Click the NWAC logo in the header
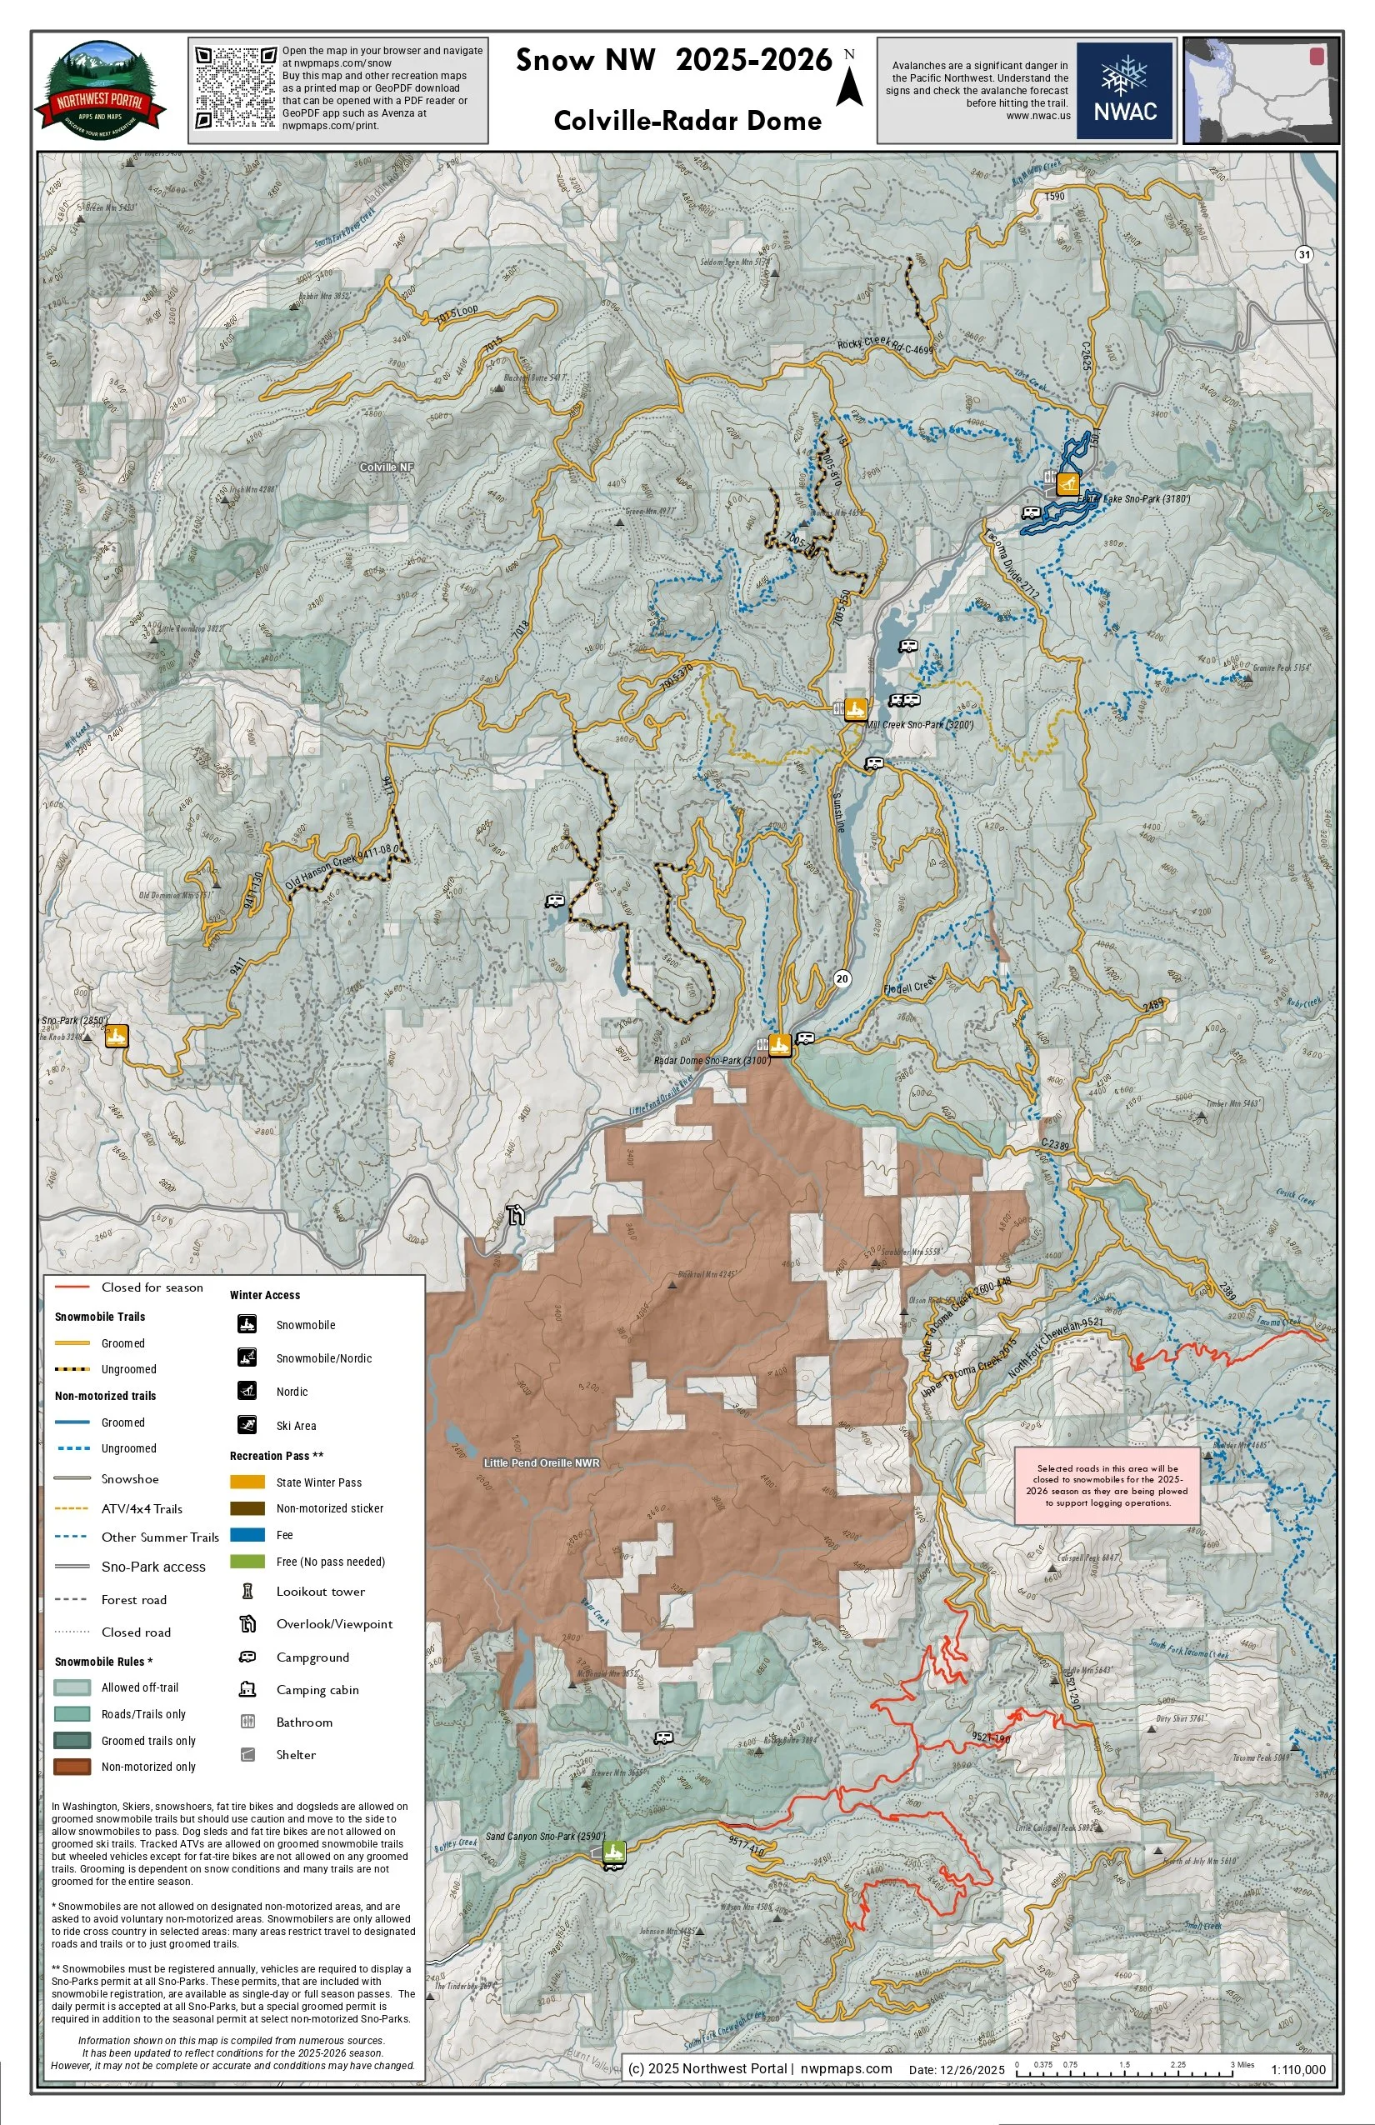1124,90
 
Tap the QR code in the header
236,87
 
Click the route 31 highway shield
1304,254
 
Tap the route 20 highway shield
842,978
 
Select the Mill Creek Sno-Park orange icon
855,709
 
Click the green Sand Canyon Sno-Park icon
613,1852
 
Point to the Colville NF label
387,467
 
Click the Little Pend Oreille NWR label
541,1462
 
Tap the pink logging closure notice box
1107,1486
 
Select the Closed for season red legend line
72,1287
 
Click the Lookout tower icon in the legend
248,1591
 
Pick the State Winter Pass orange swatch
247,1482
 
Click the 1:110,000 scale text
1298,2070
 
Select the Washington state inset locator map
1261,90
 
